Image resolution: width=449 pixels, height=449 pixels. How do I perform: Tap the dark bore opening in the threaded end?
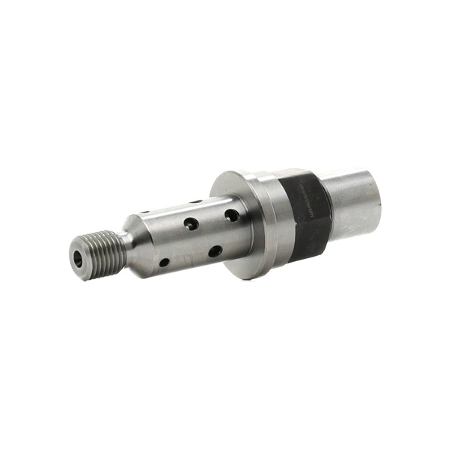click(x=80, y=258)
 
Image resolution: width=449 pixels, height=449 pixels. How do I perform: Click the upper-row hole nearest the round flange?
click(x=232, y=216)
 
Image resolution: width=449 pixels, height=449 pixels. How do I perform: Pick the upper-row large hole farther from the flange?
click(x=192, y=223)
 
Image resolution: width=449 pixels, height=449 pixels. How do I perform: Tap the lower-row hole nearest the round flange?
click(x=215, y=251)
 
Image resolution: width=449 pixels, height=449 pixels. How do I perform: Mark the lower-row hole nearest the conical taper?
click(x=164, y=263)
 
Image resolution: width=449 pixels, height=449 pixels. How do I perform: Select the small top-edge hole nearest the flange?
click(x=195, y=201)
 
